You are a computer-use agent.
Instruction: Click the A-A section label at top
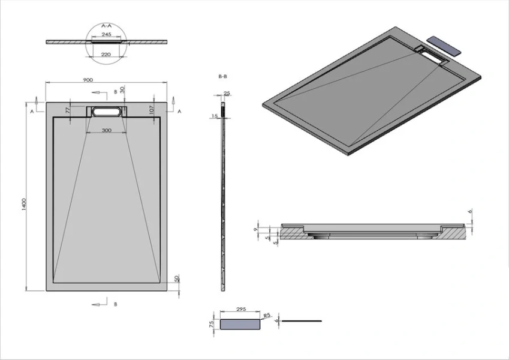(106, 26)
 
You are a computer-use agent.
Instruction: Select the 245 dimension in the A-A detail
(106, 35)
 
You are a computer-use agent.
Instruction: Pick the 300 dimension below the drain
(106, 130)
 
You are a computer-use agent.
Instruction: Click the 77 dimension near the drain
(68, 110)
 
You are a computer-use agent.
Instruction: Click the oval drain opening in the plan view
(106, 111)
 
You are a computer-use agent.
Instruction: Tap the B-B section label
(222, 76)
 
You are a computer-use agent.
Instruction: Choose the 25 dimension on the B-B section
(226, 94)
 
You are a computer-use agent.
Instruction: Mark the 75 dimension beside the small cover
(212, 323)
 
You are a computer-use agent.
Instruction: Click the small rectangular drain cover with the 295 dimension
(240, 324)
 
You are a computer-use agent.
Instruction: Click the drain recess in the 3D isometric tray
(433, 55)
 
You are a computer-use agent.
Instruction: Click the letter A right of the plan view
(180, 112)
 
